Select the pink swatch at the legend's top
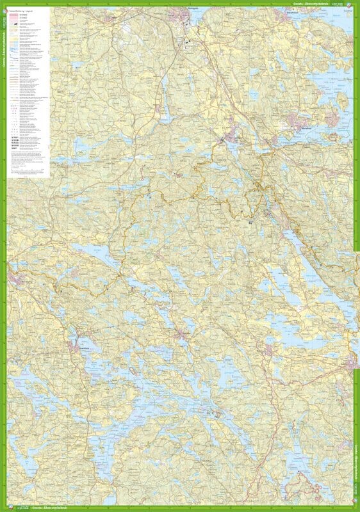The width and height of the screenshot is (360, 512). point(14,16)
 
